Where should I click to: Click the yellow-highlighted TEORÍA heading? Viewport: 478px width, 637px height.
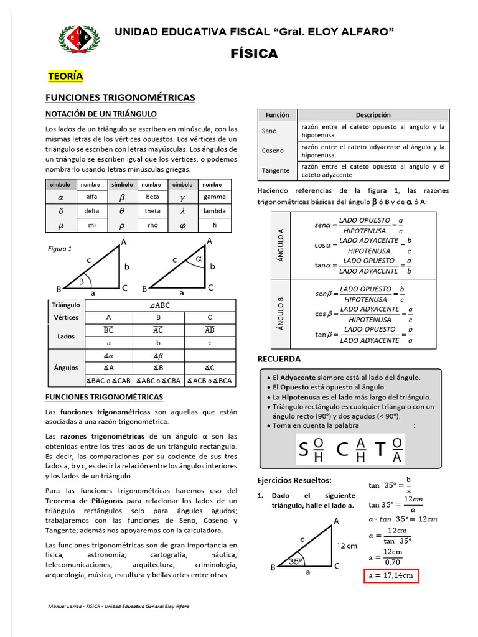[65, 77]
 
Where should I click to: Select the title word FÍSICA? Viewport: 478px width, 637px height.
[255, 54]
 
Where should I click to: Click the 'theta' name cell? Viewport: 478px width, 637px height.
[152, 211]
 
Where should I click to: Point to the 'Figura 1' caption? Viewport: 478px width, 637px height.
[60, 249]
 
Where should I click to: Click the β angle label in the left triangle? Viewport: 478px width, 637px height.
[80, 282]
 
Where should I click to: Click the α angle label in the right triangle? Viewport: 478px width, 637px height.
[199, 258]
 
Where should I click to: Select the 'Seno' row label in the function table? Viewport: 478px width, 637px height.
[269, 131]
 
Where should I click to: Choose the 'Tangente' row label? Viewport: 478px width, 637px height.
[276, 170]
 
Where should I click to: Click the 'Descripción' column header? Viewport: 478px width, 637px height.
[373, 115]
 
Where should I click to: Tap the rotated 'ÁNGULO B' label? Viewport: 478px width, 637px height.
[281, 314]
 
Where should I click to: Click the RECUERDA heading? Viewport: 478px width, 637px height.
[279, 359]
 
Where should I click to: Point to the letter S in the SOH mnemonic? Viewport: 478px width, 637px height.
[303, 449]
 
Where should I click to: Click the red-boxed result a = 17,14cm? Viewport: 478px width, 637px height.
[390, 575]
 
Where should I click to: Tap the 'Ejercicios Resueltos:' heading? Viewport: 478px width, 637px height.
[294, 480]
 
